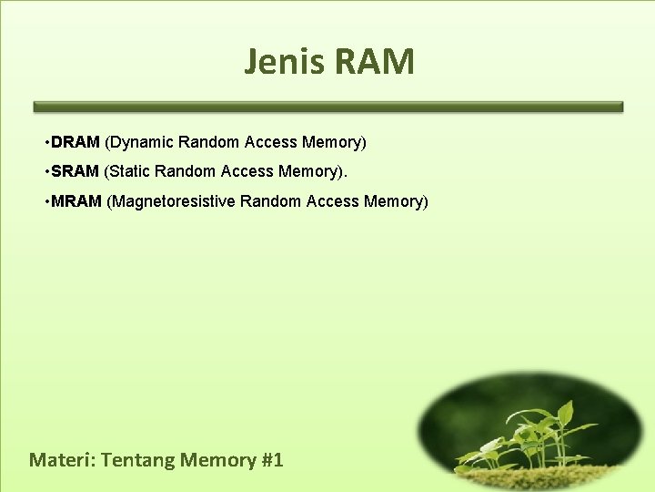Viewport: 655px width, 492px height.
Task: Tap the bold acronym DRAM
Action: coord(76,142)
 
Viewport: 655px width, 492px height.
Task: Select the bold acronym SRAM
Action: coord(76,171)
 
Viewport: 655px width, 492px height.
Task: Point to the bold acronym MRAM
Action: coord(76,200)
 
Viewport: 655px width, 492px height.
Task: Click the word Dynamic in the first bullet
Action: coord(140,142)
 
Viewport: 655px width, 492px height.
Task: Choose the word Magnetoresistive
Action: coord(172,200)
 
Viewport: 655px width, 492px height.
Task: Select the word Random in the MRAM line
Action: coord(271,200)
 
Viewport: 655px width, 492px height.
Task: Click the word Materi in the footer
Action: coord(61,459)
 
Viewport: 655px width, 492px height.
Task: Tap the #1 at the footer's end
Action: coord(272,459)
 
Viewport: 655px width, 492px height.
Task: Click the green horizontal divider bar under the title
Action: coord(327,107)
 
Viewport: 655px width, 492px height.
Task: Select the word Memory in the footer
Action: coord(217,460)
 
